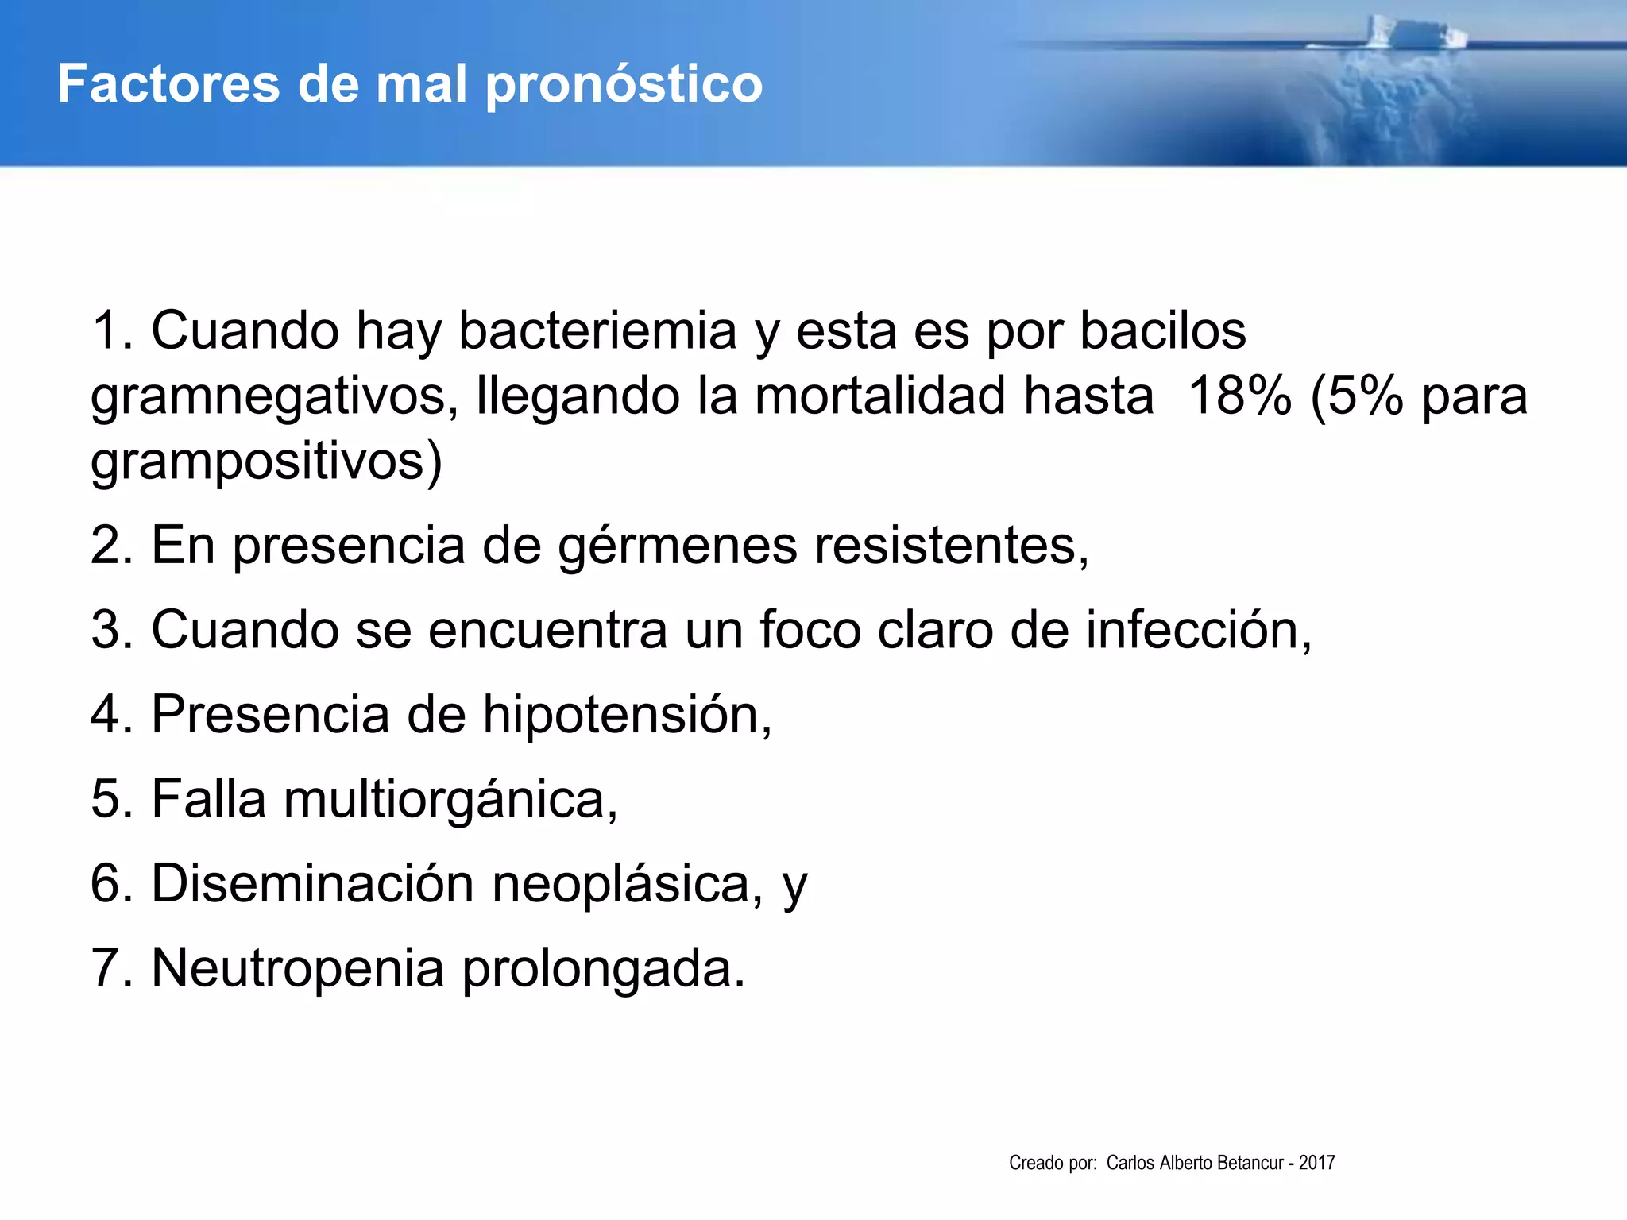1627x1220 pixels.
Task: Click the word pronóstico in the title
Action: [x=624, y=85]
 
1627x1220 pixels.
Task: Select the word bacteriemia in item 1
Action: [x=597, y=330]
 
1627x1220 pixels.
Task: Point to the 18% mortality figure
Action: [x=1239, y=396]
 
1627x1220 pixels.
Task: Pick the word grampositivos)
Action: [x=266, y=461]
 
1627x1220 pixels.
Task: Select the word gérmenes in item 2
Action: [x=677, y=546]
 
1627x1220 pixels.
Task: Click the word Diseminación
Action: [x=312, y=883]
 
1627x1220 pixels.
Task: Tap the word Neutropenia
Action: [x=297, y=968]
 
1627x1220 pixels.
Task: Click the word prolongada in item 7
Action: [x=604, y=968]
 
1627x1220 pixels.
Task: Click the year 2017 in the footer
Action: [x=1317, y=1163]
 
